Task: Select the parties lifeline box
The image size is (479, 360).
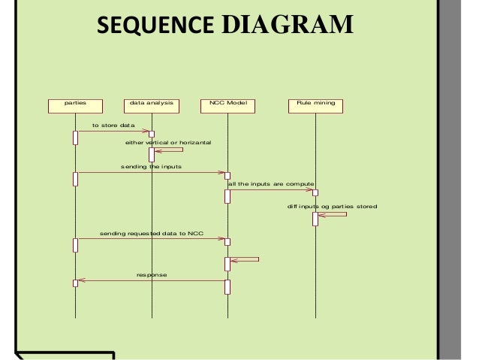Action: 75,106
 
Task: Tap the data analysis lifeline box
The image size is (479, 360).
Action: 152,106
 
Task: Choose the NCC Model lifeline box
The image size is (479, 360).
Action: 227,106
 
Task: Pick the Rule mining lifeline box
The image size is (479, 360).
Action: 316,106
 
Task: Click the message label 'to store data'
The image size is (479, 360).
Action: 113,125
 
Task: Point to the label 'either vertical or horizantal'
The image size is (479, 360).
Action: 168,142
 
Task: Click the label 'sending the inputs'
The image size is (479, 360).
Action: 151,165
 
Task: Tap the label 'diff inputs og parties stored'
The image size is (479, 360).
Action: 332,206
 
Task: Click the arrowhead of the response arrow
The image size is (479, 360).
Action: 82,281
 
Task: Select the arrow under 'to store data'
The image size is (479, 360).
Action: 113,132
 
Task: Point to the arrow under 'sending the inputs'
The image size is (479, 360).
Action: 150,173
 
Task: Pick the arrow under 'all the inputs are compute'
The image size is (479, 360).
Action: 270,189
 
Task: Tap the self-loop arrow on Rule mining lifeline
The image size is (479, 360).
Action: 335,216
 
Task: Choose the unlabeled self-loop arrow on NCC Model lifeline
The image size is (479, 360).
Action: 248,260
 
